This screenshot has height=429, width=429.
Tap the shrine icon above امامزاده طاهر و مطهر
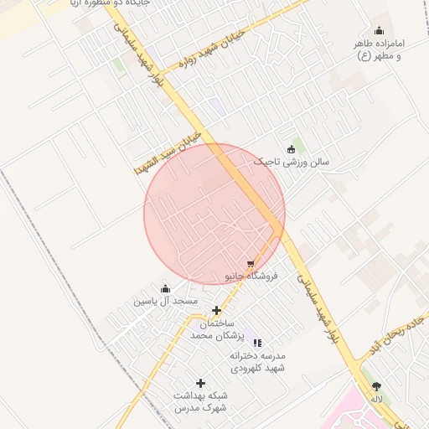point(379,31)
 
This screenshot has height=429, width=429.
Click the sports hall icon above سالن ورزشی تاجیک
point(291,149)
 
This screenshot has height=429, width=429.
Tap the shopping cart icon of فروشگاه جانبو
point(251,264)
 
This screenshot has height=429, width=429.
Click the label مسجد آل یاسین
point(166,300)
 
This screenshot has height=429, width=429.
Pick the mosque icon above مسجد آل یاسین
point(165,289)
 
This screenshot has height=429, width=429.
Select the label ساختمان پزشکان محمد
point(214,329)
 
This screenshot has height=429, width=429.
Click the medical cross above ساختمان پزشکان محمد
point(216,311)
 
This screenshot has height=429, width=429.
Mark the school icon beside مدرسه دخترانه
point(257,343)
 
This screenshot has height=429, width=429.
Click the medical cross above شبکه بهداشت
point(201,383)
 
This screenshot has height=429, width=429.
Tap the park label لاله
point(377,399)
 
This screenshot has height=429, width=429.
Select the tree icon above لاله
point(376,386)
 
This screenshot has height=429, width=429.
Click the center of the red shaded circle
point(214,214)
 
